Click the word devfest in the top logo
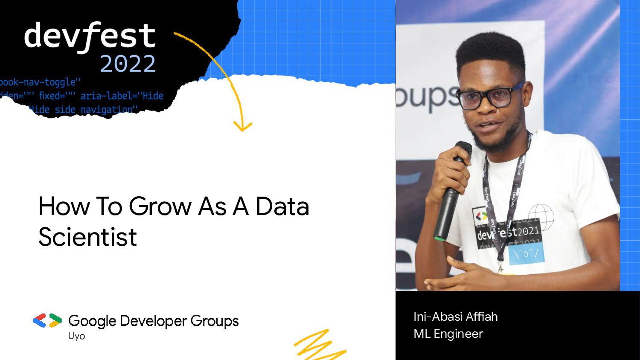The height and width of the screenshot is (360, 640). [90, 36]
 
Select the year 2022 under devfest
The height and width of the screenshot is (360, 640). [128, 64]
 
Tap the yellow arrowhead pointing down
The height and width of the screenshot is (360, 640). [243, 126]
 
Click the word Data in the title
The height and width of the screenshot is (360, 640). [282, 206]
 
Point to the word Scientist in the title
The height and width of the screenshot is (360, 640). [87, 237]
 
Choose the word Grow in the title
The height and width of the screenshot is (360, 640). [160, 206]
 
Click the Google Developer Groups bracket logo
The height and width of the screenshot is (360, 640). [47, 320]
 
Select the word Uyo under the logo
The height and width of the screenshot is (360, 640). [76, 336]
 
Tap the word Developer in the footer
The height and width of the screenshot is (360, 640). [153, 321]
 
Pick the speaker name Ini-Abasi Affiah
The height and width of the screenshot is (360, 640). [455, 316]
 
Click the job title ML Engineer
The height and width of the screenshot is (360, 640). [448, 334]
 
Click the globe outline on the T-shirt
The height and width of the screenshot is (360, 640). [541, 215]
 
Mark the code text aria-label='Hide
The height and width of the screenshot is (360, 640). [122, 96]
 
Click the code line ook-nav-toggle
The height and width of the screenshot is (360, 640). [40, 82]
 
